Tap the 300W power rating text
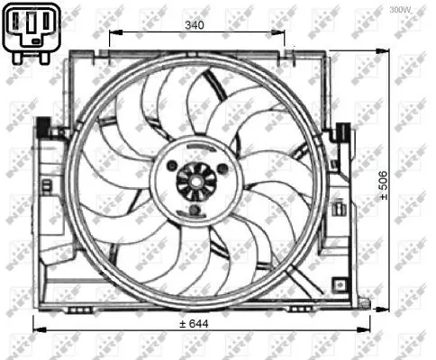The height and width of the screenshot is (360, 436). coord(401,10)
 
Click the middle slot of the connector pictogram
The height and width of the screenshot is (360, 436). coord(30,24)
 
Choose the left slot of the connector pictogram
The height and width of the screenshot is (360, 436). coord(17,24)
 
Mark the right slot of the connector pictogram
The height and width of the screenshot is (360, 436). coord(42,24)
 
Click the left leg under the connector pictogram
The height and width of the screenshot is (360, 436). coord(20,57)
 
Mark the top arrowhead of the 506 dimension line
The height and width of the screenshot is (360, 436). coord(394,56)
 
